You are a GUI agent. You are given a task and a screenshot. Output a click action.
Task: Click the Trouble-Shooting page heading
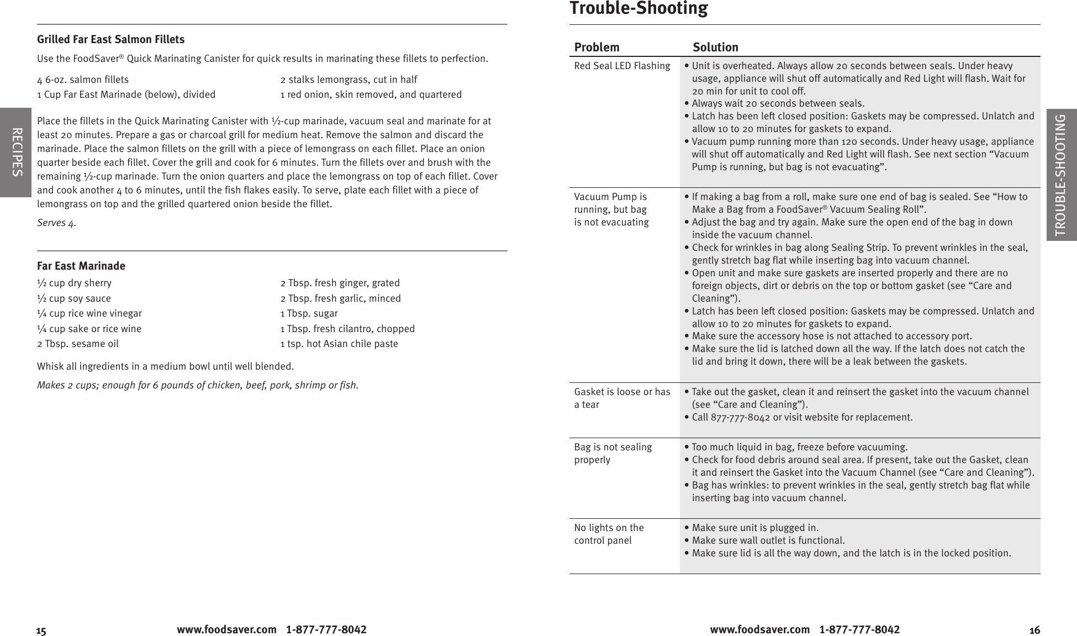[x=638, y=8]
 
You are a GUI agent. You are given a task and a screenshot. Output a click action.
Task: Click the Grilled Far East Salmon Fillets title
[x=110, y=39]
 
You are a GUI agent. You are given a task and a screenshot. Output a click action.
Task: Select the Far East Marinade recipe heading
[x=81, y=266]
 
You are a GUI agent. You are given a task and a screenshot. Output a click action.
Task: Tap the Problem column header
[x=596, y=47]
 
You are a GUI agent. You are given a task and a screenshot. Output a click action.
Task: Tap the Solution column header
[x=715, y=47]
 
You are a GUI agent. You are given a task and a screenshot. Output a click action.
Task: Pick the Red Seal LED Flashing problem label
[x=622, y=66]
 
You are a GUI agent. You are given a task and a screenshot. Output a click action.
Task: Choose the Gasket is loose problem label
[x=622, y=398]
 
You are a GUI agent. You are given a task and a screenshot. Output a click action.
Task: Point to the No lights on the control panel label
[x=609, y=534]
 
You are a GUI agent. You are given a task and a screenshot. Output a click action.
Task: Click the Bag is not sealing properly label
[x=613, y=453]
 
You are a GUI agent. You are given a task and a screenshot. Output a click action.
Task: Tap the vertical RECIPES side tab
[x=16, y=153]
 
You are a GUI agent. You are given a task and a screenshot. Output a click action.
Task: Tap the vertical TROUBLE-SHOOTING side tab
[x=1061, y=175]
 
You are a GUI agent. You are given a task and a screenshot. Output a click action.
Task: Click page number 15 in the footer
[x=41, y=631]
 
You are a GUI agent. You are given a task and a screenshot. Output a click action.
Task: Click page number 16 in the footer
[x=1034, y=630]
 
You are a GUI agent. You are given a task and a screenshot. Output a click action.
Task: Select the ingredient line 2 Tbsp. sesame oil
[x=78, y=344]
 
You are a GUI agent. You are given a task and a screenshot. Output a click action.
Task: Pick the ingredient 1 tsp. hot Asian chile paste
[x=339, y=344]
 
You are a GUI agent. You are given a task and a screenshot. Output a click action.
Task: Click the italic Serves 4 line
[x=56, y=223]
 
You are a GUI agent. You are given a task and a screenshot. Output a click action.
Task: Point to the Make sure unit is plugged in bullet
[x=754, y=528]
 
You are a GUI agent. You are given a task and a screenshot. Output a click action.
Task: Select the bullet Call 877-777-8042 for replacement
[x=801, y=417]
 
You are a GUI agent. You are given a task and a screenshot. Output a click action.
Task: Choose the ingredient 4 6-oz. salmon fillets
[x=83, y=80]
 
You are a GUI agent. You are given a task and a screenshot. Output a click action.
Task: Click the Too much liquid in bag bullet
[x=799, y=447]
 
